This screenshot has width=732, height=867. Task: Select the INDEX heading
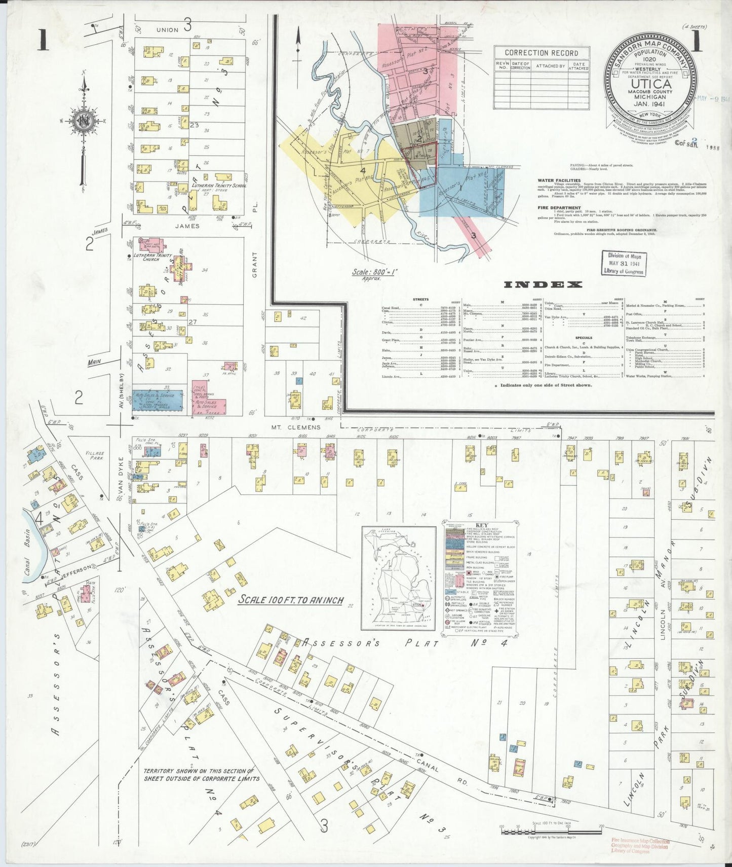coord(543,284)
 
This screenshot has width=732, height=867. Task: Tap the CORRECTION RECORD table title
coord(542,53)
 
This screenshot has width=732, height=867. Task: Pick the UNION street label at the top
coord(167,29)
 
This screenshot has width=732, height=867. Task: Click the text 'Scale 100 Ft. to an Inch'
coord(291,600)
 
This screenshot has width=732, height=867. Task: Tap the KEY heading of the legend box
coord(481,525)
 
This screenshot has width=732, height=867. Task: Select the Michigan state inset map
coord(398,578)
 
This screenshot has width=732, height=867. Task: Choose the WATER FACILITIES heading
coord(559,180)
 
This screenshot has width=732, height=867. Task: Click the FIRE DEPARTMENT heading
coord(559,208)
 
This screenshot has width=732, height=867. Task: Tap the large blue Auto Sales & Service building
coord(158,401)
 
